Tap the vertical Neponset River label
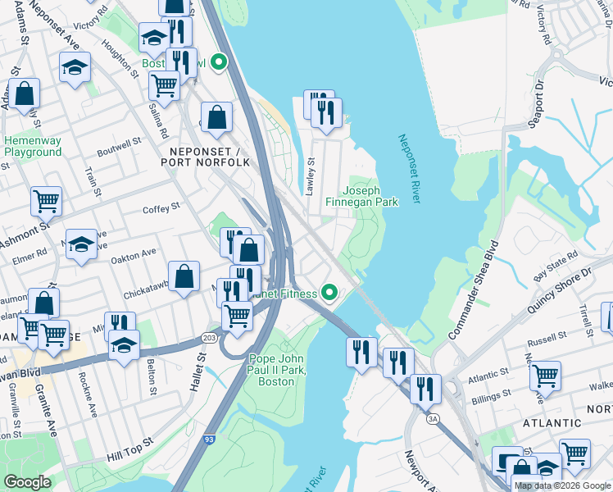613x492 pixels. pyautogui.click(x=407, y=169)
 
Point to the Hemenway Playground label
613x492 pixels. pyautogui.click(x=33, y=146)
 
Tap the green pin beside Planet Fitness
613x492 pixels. pyautogui.click(x=329, y=292)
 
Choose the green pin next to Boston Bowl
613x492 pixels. pyautogui.click(x=218, y=62)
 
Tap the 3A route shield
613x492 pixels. pyautogui.click(x=433, y=418)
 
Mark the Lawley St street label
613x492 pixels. pyautogui.click(x=310, y=176)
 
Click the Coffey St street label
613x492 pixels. pyautogui.click(x=161, y=209)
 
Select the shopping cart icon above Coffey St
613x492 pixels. pyautogui.click(x=46, y=199)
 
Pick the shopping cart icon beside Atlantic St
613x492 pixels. pyautogui.click(x=544, y=376)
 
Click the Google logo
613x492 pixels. pyautogui.click(x=28, y=482)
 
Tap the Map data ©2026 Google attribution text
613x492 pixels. pyautogui.click(x=561, y=485)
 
